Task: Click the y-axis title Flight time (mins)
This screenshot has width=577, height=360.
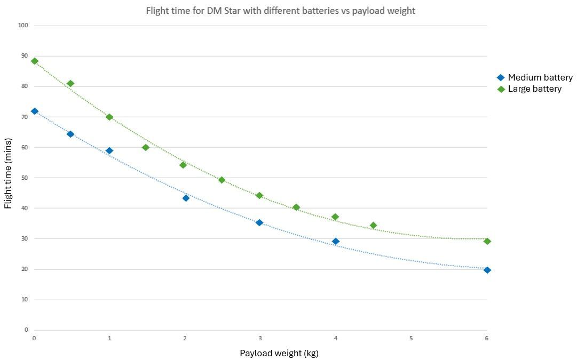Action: [x=8, y=178]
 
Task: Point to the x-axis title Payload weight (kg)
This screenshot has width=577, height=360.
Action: [x=279, y=353]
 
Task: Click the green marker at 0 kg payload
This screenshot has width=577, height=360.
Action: [x=35, y=61]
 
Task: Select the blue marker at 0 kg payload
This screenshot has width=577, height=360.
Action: [x=35, y=111]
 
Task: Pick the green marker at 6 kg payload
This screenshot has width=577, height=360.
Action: [x=487, y=241]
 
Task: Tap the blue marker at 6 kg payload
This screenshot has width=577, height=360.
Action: [x=487, y=270]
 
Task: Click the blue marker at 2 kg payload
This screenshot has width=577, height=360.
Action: [x=186, y=198]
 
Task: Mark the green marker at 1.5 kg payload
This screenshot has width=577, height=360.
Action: [x=146, y=147]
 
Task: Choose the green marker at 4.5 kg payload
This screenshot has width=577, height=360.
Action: [x=373, y=226]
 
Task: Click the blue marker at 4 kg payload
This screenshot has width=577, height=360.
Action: [x=335, y=241]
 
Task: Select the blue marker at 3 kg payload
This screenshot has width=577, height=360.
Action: [x=259, y=222]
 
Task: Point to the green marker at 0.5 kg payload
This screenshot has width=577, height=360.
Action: [x=70, y=84]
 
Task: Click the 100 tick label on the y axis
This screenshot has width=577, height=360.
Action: [x=23, y=26]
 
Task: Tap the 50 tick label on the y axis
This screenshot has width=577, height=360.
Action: [x=25, y=178]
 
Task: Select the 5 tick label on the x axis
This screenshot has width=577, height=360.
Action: [x=411, y=338]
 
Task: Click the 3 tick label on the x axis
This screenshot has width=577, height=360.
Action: [x=260, y=338]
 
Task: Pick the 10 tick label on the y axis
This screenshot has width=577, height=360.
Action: [x=25, y=299]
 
